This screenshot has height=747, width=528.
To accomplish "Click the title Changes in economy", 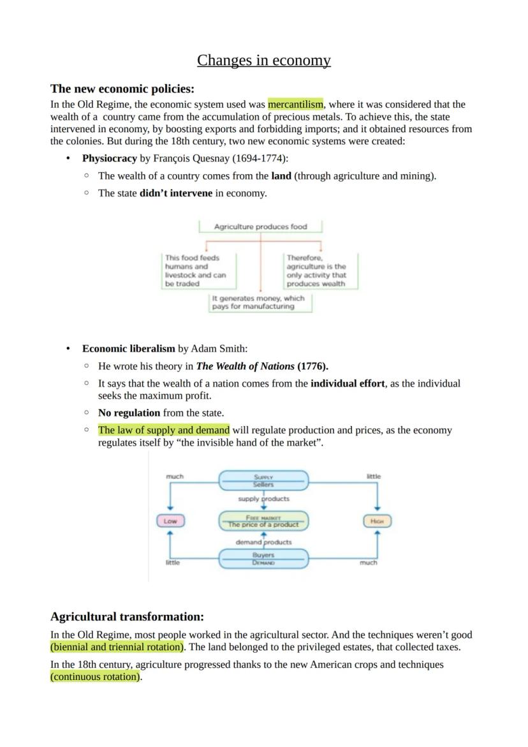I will (x=263, y=61).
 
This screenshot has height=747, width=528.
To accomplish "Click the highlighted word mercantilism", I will (x=296, y=104).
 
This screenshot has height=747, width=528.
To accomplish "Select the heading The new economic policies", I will (x=122, y=89).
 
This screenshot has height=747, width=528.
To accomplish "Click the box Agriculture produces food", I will (x=260, y=226).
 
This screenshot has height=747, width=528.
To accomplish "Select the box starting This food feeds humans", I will (x=198, y=271).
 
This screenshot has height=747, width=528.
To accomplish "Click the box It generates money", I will (x=260, y=302).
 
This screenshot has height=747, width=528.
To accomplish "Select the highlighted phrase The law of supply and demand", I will (x=163, y=430).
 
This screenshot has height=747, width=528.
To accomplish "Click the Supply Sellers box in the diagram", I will (x=263, y=480).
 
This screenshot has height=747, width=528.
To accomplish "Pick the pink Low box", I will (x=170, y=521).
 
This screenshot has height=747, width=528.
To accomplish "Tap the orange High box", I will (x=377, y=521).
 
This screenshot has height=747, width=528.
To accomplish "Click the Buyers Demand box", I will (x=263, y=559).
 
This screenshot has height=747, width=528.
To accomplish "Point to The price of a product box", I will (x=263, y=521).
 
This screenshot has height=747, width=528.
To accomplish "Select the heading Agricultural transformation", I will (x=127, y=617).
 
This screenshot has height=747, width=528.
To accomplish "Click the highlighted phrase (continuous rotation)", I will (x=96, y=677).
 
